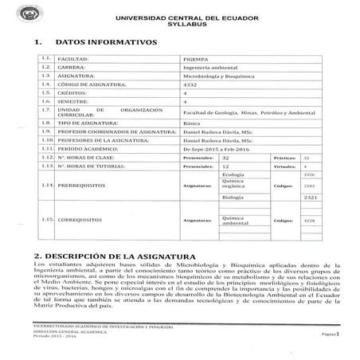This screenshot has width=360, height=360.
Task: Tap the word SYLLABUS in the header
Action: coord(182,25)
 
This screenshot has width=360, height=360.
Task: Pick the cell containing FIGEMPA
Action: coord(195,59)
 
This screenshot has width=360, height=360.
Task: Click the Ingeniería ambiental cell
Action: coord(210,68)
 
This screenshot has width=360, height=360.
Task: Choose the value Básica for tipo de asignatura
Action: coord(193,124)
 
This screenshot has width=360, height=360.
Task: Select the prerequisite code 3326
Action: coord(311,174)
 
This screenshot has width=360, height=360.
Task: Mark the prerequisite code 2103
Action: coord(311,185)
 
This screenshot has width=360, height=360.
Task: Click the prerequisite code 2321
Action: coord(311,196)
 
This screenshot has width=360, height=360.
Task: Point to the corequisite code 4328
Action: coord(311,220)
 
